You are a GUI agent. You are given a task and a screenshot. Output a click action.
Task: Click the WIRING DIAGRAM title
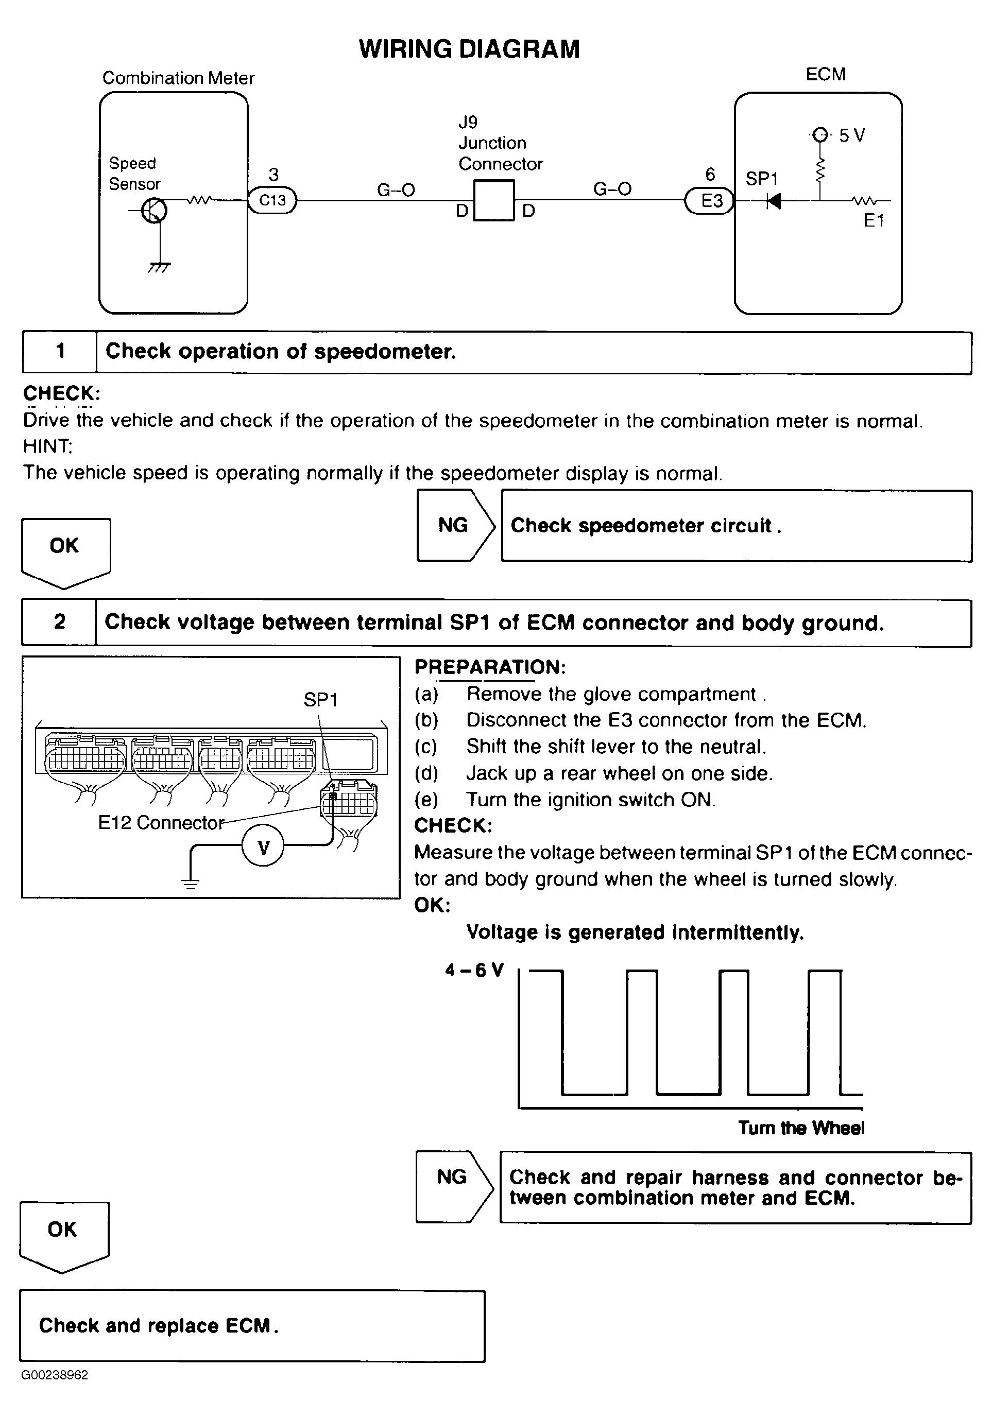coord(469,49)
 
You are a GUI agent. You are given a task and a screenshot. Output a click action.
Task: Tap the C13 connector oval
coord(272,200)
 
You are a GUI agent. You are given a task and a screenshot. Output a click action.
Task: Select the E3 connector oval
coord(710,201)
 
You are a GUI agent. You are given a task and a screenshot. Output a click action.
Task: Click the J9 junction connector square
coord(493,200)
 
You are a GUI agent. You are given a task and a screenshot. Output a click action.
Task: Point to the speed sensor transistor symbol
coord(154,211)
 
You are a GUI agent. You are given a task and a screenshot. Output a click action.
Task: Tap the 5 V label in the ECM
coord(851,135)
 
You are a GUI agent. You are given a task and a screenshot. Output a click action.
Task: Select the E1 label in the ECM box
coord(874,220)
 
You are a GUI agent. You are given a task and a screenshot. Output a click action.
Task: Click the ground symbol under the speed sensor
coord(159,267)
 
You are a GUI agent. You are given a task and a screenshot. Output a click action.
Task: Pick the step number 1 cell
coord(60,352)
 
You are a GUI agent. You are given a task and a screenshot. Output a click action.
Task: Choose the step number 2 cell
coord(59,622)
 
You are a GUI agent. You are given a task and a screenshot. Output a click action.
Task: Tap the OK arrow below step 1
coord(65,550)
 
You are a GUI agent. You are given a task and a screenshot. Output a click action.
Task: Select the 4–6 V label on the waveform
coord(474,970)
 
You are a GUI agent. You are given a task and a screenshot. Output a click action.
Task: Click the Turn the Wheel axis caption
coord(801,1128)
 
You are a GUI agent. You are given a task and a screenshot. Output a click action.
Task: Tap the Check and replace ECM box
coord(252,1325)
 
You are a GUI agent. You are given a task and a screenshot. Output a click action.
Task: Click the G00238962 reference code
coord(55,1375)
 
